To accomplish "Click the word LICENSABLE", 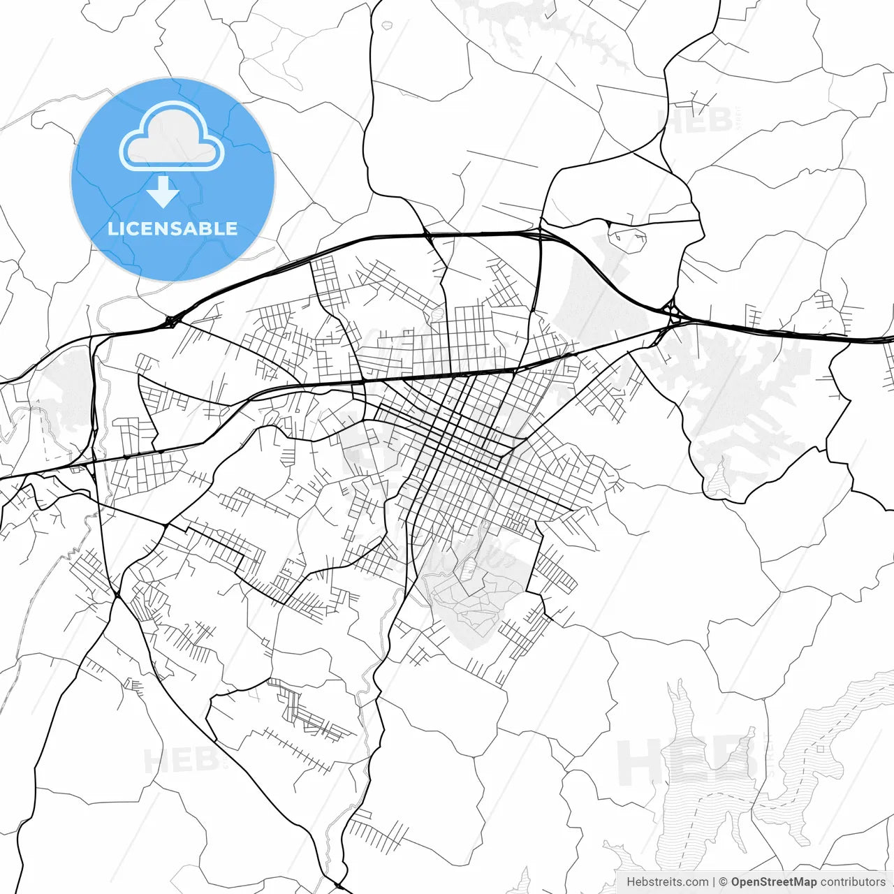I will pos(173,228).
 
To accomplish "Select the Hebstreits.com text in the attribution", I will pos(667,882).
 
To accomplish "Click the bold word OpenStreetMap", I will pos(773,882).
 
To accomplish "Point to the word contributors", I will pos(853,882).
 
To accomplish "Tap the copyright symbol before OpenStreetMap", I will pos(724,882).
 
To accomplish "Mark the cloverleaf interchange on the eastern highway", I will pos(673,312).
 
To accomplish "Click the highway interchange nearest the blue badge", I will pos(170,322).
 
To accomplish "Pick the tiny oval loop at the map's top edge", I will pos(387,26).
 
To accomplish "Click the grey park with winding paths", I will pos(475,594).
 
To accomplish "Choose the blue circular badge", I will pos(173,179).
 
